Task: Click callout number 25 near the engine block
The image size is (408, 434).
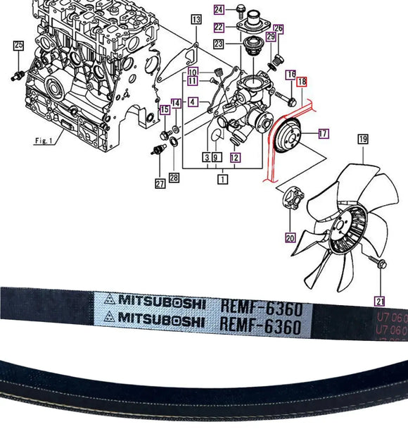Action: [18, 46]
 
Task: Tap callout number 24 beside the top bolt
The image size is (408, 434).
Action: [219, 9]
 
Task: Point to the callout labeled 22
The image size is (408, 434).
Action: [219, 27]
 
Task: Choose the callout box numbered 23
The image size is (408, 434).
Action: [219, 44]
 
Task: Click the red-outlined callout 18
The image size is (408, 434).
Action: [302, 82]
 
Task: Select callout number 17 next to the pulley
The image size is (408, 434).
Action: [323, 132]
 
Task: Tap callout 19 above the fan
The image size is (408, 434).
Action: [363, 139]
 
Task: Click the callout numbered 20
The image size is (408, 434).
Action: [290, 237]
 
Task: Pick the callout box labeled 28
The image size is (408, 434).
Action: [174, 178]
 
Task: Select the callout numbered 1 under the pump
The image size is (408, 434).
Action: [222, 180]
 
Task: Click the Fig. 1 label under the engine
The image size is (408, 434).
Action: [44, 140]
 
